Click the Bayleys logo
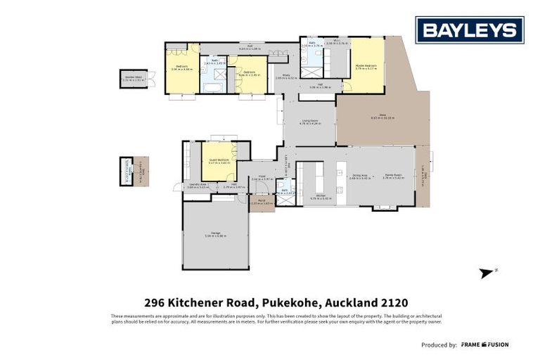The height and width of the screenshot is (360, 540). (x=469, y=30)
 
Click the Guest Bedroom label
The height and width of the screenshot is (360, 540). (x=219, y=161)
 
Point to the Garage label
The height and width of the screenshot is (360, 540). (x=215, y=236)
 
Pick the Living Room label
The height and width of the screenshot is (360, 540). (x=311, y=122)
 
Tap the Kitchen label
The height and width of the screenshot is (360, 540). (x=320, y=196)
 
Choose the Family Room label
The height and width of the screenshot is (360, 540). (x=392, y=177)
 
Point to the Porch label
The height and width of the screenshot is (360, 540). (x=261, y=202)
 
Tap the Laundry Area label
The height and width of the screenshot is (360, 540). (x=196, y=186)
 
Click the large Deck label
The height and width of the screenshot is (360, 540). (x=382, y=117)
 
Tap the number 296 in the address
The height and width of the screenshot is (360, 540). (x=155, y=302)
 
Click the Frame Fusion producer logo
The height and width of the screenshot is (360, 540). (x=484, y=345)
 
